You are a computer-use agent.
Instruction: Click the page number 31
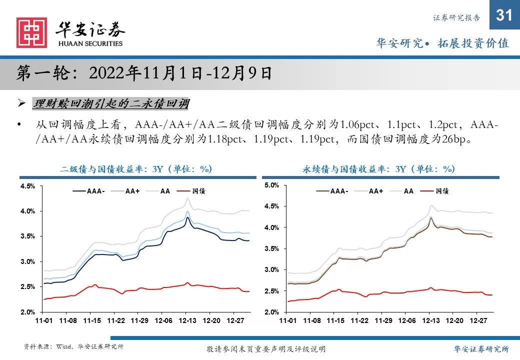[504, 15]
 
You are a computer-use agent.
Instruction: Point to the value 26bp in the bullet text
[453, 138]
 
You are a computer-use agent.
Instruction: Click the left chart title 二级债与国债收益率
[136, 169]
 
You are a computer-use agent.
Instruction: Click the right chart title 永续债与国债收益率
[378, 169]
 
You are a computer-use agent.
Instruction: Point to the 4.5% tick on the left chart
[27, 186]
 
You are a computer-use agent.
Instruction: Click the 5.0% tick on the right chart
[271, 185]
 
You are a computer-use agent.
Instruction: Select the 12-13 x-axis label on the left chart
[187, 320]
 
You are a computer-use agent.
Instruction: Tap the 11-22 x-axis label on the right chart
[359, 320]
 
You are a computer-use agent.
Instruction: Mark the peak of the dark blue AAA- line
[187, 217]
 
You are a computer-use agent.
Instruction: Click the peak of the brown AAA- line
[430, 217]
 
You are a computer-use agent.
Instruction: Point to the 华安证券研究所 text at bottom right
[481, 348]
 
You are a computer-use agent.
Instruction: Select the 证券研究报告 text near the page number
[456, 18]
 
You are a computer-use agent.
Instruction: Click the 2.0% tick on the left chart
[27, 312]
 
